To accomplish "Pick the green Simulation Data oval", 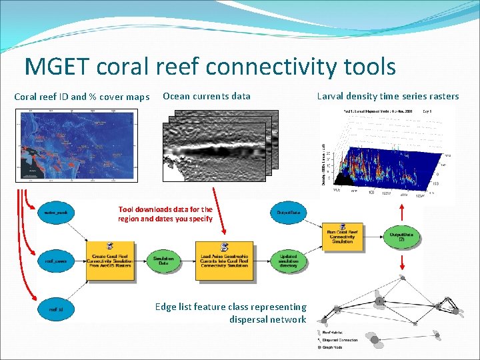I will pyautogui.click(x=164, y=261).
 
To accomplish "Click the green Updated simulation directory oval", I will pyautogui.click(x=289, y=261).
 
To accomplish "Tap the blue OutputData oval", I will pyautogui.click(x=289, y=213).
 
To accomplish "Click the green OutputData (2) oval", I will pyautogui.click(x=402, y=237).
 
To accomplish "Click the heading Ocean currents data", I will pyautogui.click(x=207, y=96).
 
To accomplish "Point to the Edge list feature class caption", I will pyautogui.click(x=230, y=313).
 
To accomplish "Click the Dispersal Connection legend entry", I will pyautogui.click(x=339, y=339).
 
